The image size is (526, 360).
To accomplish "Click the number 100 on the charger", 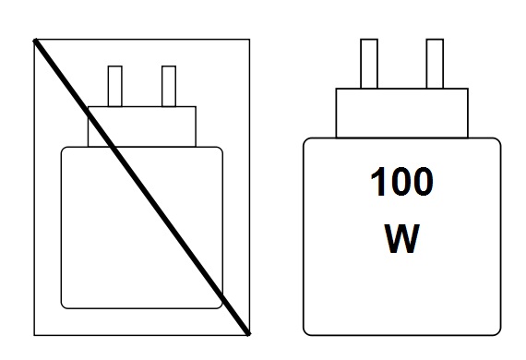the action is pos(401,182).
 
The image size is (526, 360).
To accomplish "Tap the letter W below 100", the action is pos(401,238).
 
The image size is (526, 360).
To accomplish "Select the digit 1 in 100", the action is pos(377,182).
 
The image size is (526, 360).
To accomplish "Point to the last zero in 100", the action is pos(422,182).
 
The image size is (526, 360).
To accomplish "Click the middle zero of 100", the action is pos(400,182).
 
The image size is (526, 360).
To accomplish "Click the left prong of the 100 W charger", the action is pos(369,64).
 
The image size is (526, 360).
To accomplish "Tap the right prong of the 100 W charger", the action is pos(435,64).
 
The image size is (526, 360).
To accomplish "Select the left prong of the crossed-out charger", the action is pos(115,86).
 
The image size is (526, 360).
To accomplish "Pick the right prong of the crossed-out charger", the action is pos(169,86).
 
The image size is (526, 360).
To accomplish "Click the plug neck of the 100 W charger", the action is pos(401,113).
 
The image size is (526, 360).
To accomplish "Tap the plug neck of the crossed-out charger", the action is pos(142,126).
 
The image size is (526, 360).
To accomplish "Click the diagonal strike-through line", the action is pos(142,187).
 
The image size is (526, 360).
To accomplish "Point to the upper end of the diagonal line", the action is pos(35,41).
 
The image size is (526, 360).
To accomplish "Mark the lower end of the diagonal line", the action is pos(249,334).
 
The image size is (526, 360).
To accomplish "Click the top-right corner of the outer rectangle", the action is pos(249,40).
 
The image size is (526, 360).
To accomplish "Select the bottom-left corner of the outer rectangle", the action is pos(34,335).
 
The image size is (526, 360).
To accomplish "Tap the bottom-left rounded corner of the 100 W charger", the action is pos(305,333).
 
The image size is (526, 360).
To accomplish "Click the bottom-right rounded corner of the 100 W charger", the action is pos(499,333).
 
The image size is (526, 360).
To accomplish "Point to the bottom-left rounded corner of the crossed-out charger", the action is pos(63,306).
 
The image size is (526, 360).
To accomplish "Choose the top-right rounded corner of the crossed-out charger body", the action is pos(221,149).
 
